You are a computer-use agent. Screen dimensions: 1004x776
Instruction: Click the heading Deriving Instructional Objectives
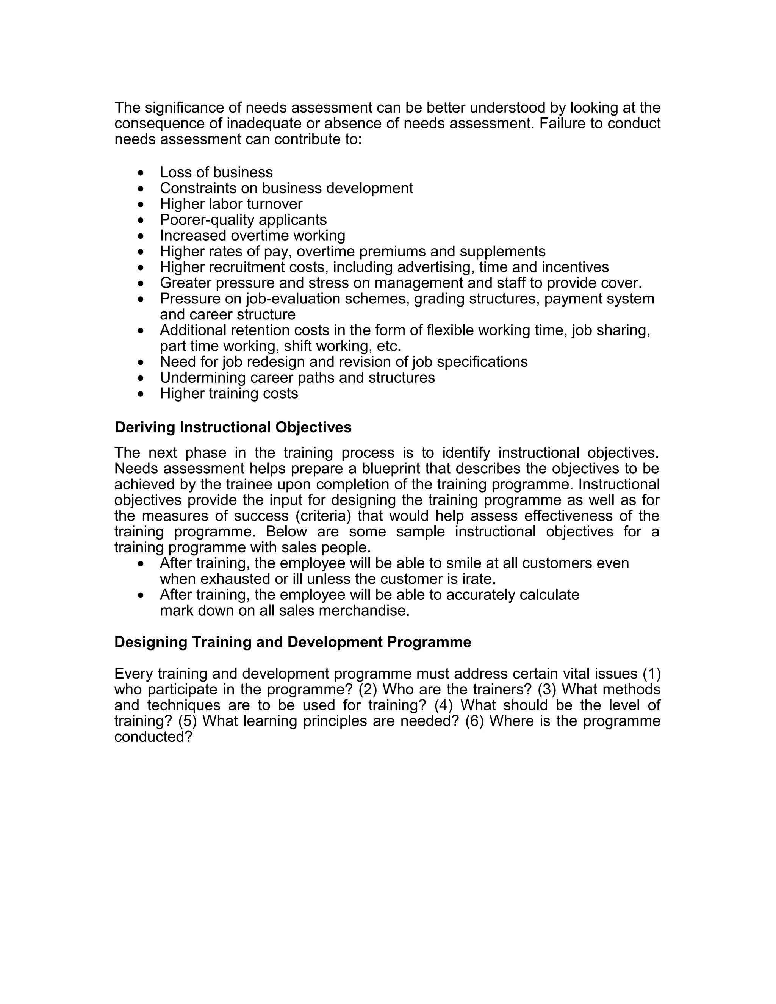click(x=233, y=427)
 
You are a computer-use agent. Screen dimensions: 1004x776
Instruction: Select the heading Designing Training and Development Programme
click(x=293, y=642)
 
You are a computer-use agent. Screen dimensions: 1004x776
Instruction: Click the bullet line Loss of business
click(x=216, y=172)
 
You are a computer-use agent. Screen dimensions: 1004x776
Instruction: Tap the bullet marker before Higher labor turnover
click(x=141, y=205)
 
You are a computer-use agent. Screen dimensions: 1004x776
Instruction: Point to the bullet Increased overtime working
click(x=252, y=236)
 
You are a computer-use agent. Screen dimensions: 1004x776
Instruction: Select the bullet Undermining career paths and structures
click(x=297, y=378)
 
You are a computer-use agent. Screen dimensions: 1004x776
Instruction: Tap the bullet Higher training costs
click(x=228, y=394)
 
